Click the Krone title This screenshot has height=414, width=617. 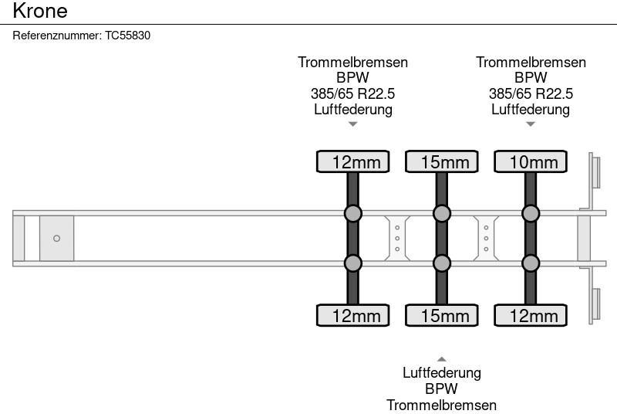(40, 11)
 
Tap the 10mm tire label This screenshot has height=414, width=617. (530, 161)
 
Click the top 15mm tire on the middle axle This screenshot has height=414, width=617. (441, 161)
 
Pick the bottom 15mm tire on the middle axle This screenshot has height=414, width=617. (441, 315)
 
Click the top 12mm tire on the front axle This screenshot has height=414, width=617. (352, 161)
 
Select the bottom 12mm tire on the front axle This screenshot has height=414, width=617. (352, 315)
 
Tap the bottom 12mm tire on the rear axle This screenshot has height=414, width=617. (530, 315)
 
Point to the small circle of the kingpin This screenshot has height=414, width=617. (56, 239)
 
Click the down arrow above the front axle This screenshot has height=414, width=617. (352, 124)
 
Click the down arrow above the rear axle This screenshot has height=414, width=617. (530, 124)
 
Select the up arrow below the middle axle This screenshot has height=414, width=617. (441, 358)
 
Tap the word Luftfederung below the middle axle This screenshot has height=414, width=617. (441, 373)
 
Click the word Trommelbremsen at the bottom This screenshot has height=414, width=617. (441, 406)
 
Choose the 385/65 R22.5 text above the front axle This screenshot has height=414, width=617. (352, 93)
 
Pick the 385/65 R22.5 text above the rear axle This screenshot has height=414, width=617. (530, 93)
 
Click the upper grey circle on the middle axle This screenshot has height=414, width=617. (441, 213)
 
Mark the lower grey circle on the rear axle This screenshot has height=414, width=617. (530, 263)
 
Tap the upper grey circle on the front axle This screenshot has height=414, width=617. (352, 213)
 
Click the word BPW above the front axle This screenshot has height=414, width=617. (352, 78)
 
